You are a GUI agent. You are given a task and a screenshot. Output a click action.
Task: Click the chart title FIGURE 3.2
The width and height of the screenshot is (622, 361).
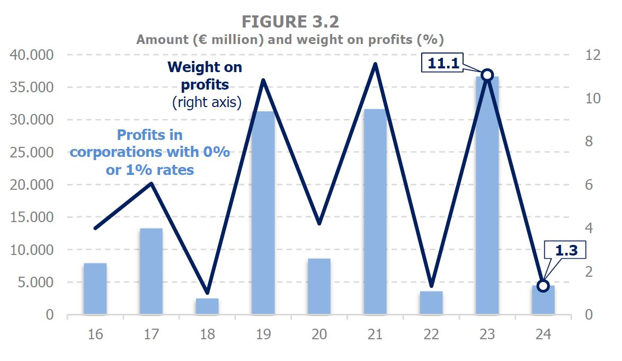[x=290, y=22]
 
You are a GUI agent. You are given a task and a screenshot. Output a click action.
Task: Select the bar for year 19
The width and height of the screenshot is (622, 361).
[x=263, y=212]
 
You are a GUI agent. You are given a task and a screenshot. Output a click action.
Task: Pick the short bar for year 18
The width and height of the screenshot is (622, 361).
[x=207, y=306]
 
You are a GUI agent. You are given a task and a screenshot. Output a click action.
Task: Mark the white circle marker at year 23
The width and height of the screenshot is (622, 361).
[x=487, y=75]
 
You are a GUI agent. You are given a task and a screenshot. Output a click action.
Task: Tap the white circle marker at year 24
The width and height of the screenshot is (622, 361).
[x=543, y=286]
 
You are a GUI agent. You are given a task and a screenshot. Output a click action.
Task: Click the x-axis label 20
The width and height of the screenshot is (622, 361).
[x=319, y=334]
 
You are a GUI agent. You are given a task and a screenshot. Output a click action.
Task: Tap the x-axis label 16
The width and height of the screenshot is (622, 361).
[x=95, y=334]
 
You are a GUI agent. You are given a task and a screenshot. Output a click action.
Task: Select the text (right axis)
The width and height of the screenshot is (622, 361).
[x=207, y=102]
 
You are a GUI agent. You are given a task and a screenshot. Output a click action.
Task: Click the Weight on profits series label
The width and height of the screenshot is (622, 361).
[x=205, y=76]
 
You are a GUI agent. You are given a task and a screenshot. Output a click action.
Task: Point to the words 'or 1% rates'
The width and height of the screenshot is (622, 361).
[x=150, y=170]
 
